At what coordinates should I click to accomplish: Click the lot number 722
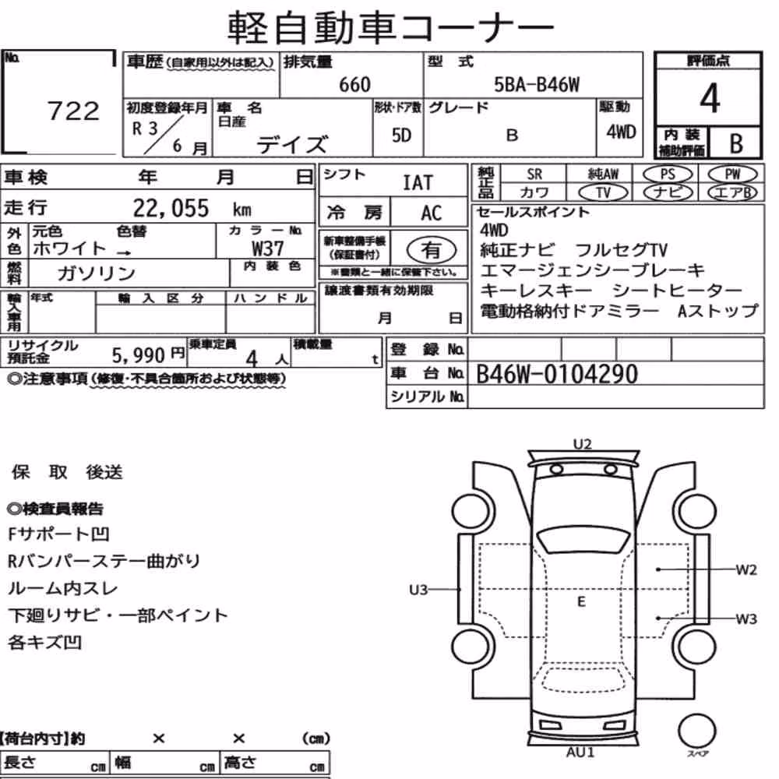tap(73, 111)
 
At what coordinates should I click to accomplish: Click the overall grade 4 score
tap(710, 98)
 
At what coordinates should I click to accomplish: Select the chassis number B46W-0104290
tap(557, 374)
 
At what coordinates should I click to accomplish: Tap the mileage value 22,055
tap(171, 208)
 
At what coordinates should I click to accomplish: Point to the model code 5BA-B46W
tap(537, 84)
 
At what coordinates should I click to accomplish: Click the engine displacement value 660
tap(354, 84)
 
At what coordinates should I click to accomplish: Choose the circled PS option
tap(668, 174)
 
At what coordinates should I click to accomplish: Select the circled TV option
tap(603, 192)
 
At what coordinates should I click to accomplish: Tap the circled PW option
tap(732, 174)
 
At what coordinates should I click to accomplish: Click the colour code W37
tap(268, 248)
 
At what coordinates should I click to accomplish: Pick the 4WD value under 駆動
tap(621, 132)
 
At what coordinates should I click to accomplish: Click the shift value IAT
tap(418, 182)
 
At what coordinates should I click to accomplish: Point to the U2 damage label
tap(582, 444)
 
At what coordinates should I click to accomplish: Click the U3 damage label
tap(418, 590)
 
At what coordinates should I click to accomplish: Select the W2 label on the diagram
tap(746, 570)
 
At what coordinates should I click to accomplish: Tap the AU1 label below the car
tap(580, 753)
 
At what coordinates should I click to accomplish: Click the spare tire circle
tap(697, 731)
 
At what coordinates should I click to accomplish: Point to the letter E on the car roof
tap(581, 602)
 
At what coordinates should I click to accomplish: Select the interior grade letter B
tap(736, 143)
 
